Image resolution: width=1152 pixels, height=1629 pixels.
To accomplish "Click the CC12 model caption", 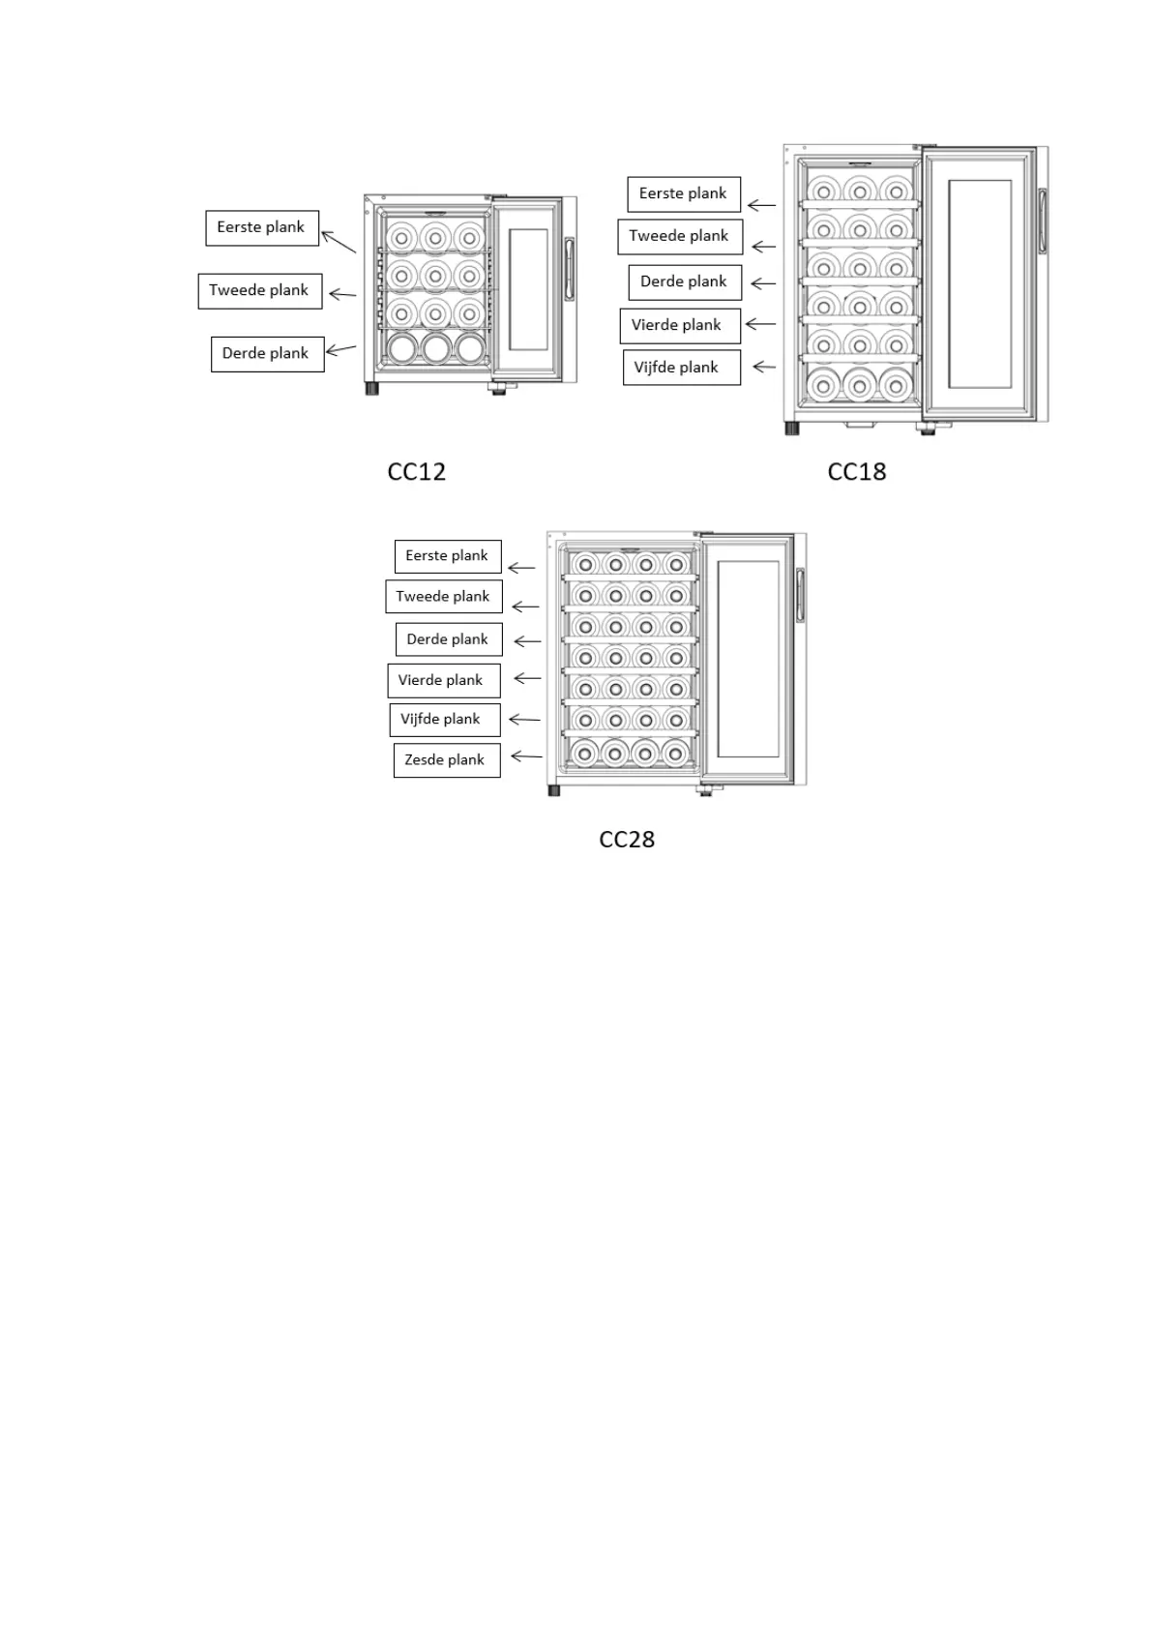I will pos(416,471).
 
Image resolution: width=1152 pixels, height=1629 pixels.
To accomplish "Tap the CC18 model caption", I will pos(856,471).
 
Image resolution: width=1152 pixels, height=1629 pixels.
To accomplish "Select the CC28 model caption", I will pos(627,839).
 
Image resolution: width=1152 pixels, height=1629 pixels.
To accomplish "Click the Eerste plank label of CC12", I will pos(261,227).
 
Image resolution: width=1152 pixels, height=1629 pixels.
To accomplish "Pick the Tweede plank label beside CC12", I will pos(259,290).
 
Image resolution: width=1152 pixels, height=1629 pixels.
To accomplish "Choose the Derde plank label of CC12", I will pos(266,353).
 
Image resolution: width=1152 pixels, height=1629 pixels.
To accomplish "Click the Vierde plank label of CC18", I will pos(678,325).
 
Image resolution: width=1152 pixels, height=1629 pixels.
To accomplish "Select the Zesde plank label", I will pos(445,759).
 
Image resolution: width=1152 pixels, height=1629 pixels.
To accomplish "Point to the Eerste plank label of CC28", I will pos(447,556).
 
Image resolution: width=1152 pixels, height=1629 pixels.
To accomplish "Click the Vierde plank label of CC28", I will pos(442,680).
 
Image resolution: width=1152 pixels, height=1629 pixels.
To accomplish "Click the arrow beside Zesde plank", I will pos(526,755).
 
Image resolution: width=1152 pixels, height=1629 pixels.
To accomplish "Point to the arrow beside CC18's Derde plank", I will pos(763,283).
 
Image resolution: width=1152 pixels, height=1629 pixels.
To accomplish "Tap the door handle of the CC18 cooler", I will pos(1042,222).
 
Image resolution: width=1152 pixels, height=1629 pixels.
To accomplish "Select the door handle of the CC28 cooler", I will pos(800,594).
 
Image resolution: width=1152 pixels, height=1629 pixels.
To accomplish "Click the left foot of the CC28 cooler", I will pos(554,790).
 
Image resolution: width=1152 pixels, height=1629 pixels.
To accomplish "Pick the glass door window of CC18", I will pos(979,284).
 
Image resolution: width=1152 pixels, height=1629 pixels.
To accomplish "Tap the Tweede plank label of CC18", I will pos(679,236).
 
